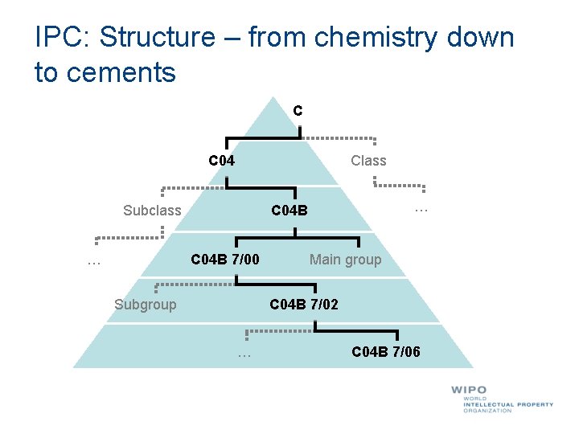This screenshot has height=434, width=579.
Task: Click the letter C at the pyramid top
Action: [x=298, y=111]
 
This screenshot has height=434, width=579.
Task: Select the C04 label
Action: [x=222, y=161]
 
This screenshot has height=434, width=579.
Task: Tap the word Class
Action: [x=368, y=161]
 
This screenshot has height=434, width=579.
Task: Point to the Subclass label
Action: [x=152, y=211]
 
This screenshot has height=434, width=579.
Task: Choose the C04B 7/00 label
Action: [x=224, y=260]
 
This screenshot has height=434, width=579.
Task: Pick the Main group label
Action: [x=345, y=260]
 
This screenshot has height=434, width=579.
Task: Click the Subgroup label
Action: [x=145, y=305]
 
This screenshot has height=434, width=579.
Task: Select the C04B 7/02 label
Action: [x=304, y=305]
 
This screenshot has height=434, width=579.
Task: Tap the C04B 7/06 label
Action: [x=386, y=352]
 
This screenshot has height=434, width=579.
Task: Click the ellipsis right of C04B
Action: [x=420, y=208]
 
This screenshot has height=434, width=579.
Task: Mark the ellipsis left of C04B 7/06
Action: [x=244, y=354]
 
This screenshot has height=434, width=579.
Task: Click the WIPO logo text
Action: [x=469, y=391]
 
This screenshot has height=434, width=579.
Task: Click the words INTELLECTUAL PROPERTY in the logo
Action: [x=508, y=404]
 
